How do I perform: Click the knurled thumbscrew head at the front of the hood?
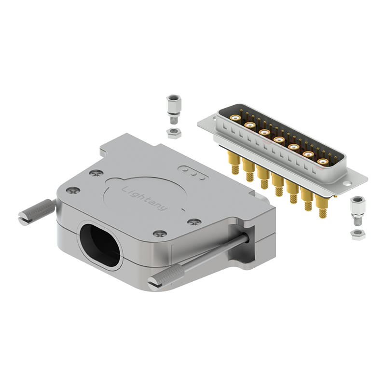pyautogui.click(x=167, y=278)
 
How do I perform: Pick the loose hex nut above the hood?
pyautogui.click(x=174, y=134)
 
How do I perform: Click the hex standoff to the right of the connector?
pyautogui.click(x=358, y=211)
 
